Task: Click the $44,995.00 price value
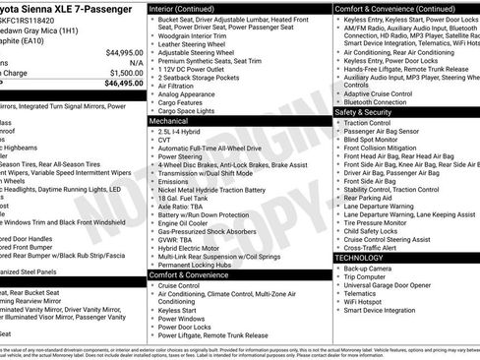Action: click(123, 52)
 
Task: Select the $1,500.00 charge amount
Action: click(125, 73)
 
